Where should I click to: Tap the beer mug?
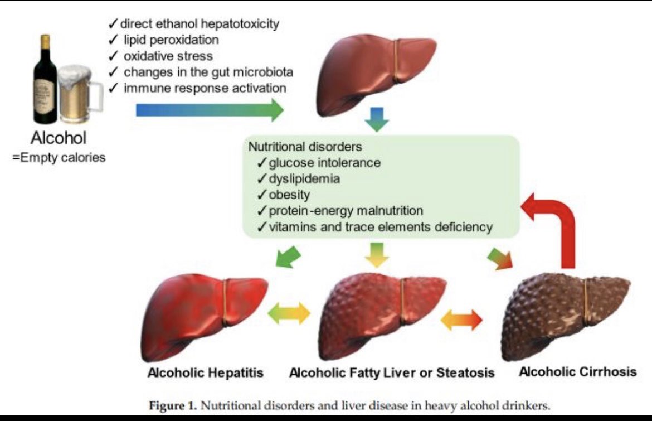(79, 94)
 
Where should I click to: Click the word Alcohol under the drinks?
(59, 138)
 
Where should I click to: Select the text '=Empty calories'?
(59, 158)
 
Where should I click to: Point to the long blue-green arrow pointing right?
(210, 110)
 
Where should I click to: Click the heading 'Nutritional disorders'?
(305, 147)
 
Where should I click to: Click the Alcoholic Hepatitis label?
(206, 372)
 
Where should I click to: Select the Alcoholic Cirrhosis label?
(578, 371)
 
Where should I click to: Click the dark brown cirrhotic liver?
(566, 316)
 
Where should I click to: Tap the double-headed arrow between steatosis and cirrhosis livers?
(461, 320)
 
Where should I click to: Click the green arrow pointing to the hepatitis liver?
(288, 257)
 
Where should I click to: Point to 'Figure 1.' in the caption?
(173, 405)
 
